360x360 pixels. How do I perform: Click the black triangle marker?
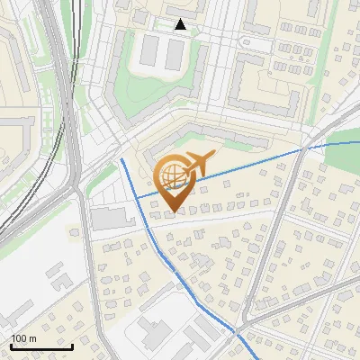coord(181,24)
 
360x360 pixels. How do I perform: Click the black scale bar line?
coord(41,346)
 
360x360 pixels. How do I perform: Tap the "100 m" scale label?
coord(23,338)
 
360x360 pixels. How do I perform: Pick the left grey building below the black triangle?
coord(149,54)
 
